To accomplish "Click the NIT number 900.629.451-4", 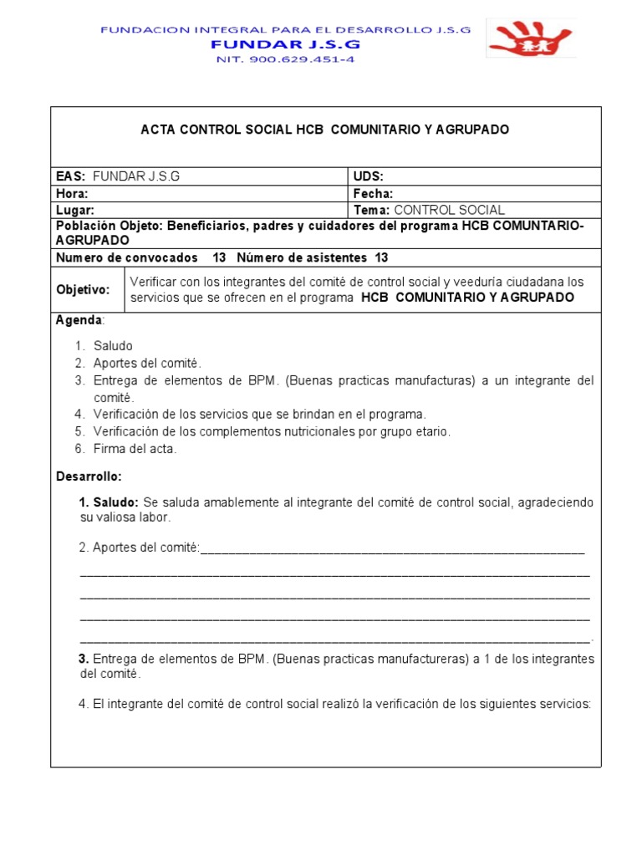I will (285, 59).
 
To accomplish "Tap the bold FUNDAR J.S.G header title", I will (285, 43).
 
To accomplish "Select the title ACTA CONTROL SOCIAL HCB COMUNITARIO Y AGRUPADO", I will (324, 130).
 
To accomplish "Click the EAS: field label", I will (72, 176).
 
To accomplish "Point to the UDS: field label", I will (369, 176).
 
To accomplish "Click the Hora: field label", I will (72, 193).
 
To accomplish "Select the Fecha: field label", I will (373, 193).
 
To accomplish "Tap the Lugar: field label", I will (74, 210).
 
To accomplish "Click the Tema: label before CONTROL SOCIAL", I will (372, 210).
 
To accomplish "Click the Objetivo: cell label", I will (83, 290).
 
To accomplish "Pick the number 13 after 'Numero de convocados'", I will (221, 257).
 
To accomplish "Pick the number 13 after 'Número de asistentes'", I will (381, 257).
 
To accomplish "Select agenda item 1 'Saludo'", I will (113, 345).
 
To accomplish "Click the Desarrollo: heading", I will (89, 476).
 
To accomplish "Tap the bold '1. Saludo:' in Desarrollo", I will (109, 502).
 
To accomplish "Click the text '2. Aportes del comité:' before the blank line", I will (140, 548).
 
